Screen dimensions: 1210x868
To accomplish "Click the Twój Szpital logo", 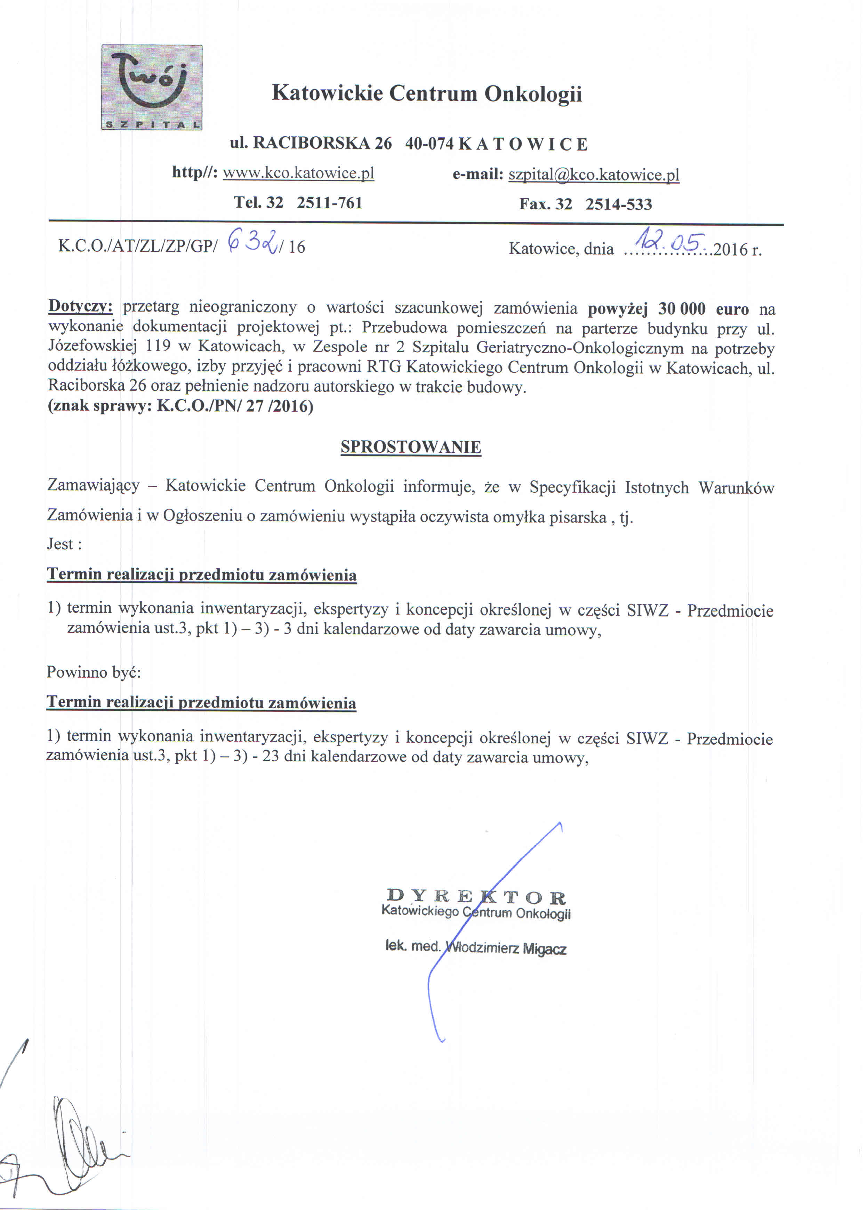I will click(x=152, y=87).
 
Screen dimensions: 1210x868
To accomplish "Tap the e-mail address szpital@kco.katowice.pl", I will click(x=593, y=175).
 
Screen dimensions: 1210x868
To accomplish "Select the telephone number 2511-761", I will click(x=329, y=203).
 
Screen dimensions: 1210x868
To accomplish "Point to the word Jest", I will click(x=60, y=544).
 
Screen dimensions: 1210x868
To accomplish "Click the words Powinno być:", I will click(x=93, y=672).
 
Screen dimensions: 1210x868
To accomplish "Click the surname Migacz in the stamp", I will click(x=544, y=949).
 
